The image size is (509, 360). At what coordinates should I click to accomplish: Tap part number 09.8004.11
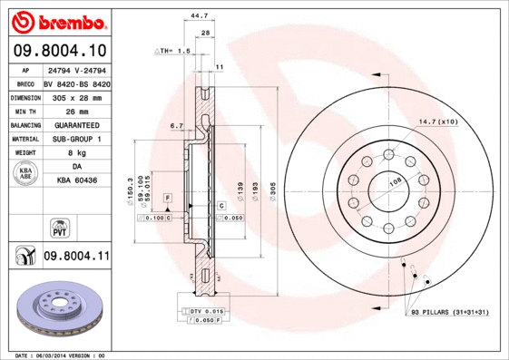coord(76,257)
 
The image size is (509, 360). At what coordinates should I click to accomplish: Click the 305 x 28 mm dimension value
coord(75,95)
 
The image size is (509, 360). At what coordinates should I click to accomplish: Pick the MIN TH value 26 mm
coord(75,109)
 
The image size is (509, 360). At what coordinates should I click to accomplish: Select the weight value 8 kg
coord(75,153)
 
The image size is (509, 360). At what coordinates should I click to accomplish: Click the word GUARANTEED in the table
coord(75,124)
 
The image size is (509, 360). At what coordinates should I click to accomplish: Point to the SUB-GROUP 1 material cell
coord(75,139)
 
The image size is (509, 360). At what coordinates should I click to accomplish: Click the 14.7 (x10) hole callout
coord(437,121)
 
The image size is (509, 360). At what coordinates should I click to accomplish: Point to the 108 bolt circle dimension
coord(396,182)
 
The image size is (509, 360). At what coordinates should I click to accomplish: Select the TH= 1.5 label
coord(172,52)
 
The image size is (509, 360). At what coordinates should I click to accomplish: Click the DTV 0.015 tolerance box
coord(206,311)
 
